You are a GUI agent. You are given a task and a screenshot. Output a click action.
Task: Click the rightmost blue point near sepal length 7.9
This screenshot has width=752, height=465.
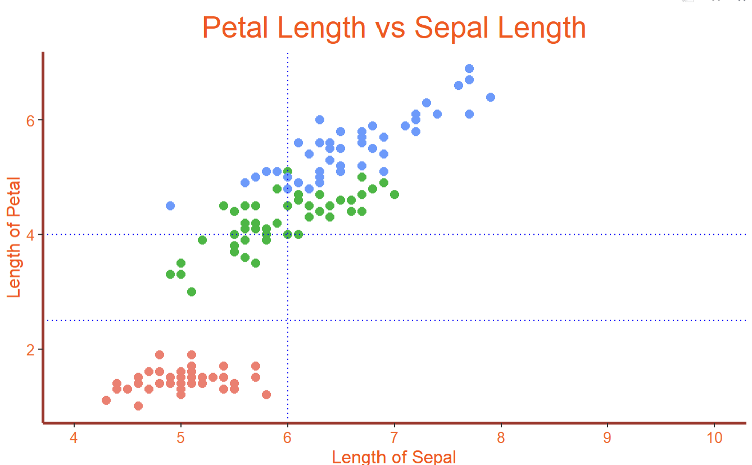coord(491,97)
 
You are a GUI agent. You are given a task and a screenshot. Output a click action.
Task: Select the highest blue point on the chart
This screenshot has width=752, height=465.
coord(469,69)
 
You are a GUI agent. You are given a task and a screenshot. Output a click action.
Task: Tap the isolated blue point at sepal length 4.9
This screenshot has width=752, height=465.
coord(170,206)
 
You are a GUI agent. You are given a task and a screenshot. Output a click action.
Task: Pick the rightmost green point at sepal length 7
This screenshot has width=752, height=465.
coord(395,194)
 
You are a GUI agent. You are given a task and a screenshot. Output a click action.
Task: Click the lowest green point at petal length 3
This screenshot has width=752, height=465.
coord(192,291)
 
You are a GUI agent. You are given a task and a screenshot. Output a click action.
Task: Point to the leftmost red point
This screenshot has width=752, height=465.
coord(106,400)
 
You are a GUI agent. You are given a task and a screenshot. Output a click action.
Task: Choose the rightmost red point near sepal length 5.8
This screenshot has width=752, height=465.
coord(266,394)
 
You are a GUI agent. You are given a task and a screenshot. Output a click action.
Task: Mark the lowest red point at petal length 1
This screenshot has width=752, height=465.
coord(138,405)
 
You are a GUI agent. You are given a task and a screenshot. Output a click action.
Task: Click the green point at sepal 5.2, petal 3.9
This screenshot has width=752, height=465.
coord(202,240)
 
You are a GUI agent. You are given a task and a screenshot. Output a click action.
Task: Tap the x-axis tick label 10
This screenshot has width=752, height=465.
coord(714,438)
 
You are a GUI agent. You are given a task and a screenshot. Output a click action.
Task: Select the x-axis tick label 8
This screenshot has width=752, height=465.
coord(501,438)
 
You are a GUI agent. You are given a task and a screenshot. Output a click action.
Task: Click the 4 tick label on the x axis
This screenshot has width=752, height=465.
coord(74,438)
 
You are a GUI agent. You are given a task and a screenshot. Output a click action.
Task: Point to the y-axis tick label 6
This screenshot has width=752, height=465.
coord(31,120)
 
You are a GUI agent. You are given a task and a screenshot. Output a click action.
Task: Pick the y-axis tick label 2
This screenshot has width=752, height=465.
coord(31,349)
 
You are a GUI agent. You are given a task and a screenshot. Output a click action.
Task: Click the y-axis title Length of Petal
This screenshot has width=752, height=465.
coord(14,237)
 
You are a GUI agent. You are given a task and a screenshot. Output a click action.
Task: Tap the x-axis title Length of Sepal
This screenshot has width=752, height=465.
coord(394,457)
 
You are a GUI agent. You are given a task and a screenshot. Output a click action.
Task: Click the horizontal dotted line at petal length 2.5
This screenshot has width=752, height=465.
coord(506,321)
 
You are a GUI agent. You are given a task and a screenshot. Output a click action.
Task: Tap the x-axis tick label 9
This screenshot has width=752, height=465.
coord(608,438)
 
